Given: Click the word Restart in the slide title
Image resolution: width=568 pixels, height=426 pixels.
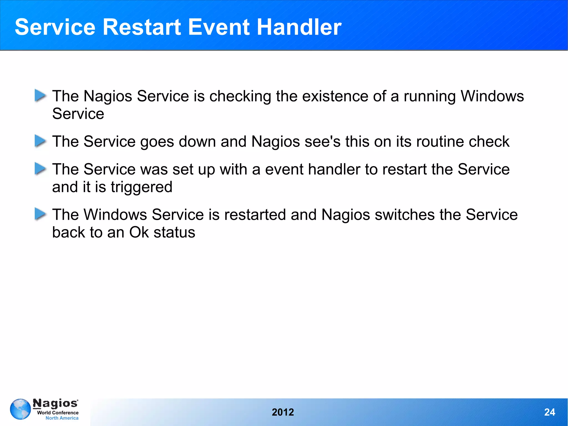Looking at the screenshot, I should tap(142, 27).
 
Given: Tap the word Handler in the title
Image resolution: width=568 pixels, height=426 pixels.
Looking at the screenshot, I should tap(299, 27).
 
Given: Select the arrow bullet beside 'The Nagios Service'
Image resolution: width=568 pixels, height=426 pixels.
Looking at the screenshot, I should tap(40, 95).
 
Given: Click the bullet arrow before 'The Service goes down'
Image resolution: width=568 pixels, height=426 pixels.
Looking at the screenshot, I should tap(40, 141).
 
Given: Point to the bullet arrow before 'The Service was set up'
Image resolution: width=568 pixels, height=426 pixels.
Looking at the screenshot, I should tap(40, 169).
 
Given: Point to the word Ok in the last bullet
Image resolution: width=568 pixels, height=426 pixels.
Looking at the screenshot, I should tap(139, 232).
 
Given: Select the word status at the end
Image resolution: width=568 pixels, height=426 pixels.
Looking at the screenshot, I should tap(174, 232).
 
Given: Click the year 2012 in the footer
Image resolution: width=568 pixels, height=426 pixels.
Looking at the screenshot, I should tap(283, 412).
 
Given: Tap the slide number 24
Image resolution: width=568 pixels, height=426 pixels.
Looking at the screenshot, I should tap(549, 412).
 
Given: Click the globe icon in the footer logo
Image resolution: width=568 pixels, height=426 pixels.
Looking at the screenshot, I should tap(20, 409).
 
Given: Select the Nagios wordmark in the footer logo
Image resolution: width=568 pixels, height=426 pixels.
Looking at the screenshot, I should tap(55, 403).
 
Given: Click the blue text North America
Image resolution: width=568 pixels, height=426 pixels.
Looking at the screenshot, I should tap(62, 418).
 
